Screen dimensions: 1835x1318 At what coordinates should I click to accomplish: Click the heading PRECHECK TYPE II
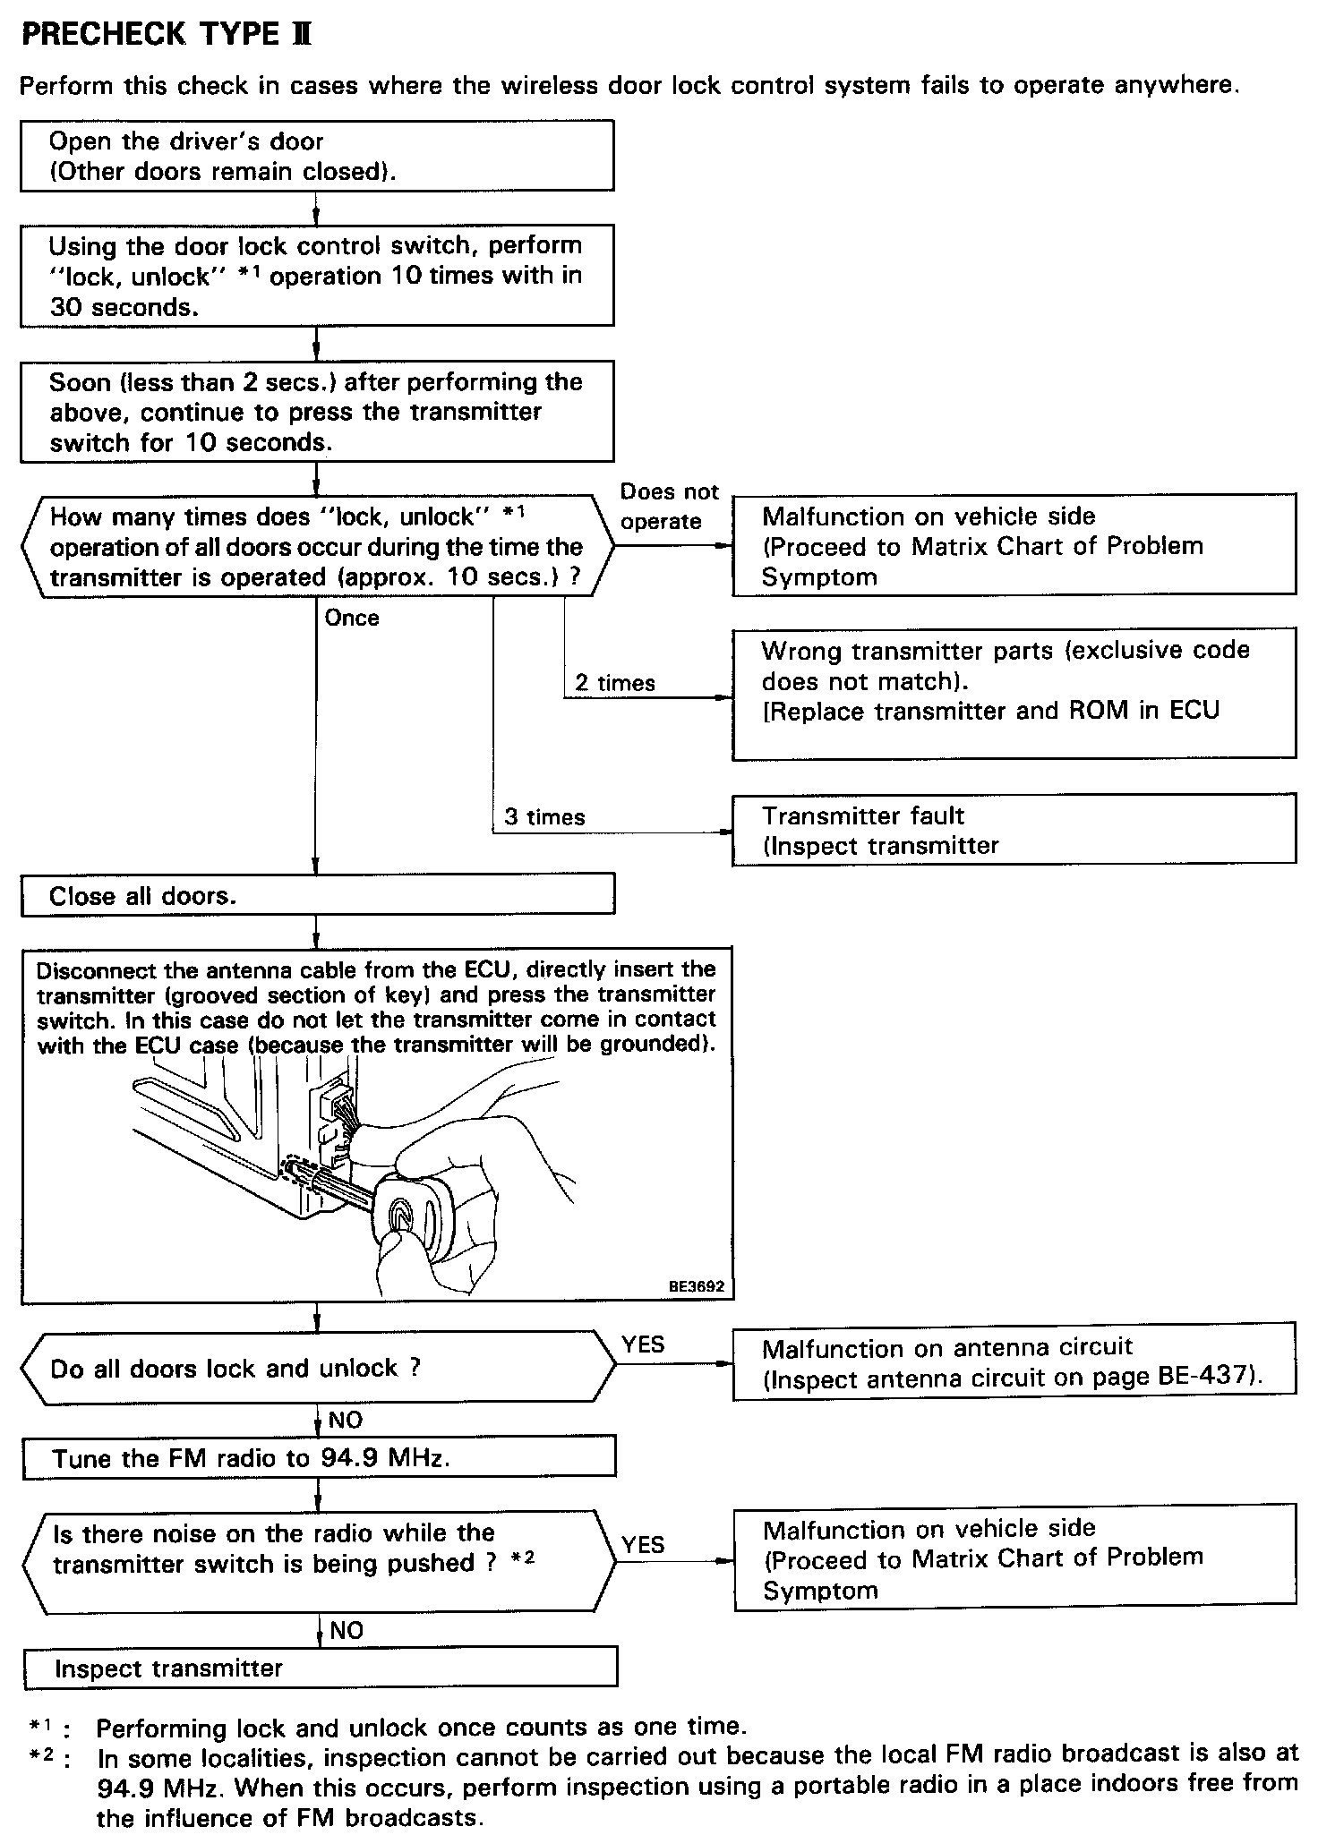[167, 35]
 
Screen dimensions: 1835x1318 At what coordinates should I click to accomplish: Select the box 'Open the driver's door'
[317, 156]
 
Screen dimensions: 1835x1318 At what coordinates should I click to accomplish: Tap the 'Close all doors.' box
[317, 896]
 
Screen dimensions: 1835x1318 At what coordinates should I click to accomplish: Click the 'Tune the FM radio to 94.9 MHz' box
[319, 1458]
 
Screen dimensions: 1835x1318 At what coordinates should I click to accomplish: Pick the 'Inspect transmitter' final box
[320, 1669]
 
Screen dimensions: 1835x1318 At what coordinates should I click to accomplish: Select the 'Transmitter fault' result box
[1014, 830]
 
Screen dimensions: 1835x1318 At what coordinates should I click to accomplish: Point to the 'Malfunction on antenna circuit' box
[1014, 1362]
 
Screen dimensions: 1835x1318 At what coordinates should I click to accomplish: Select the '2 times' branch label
[614, 683]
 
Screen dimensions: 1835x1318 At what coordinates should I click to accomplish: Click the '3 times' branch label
[544, 816]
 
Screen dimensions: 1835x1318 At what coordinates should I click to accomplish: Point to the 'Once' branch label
[352, 618]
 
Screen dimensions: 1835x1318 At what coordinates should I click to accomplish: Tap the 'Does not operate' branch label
[669, 507]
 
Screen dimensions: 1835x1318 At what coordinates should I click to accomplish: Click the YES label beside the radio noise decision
[643, 1544]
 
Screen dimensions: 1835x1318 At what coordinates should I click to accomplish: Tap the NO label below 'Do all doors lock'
[346, 1420]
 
